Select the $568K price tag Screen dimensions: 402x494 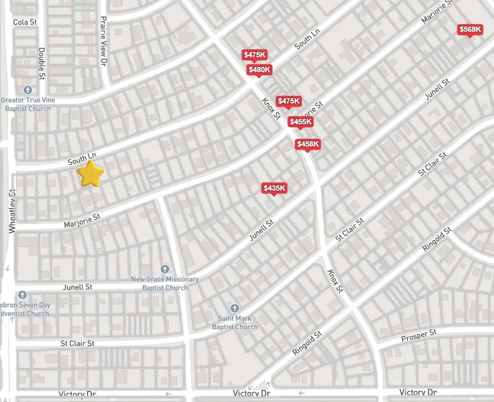click(470, 30)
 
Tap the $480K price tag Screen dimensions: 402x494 click(259, 70)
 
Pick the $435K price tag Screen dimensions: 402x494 click(274, 188)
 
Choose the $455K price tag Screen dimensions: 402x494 click(300, 122)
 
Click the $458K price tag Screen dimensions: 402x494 click(307, 144)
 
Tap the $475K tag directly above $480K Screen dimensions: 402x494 click(255, 55)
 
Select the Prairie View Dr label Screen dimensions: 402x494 click(103, 41)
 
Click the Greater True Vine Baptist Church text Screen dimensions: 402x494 click(26, 104)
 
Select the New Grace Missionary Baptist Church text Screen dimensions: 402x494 click(165, 283)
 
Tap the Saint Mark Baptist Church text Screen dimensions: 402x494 click(235, 323)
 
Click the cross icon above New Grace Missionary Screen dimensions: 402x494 click(165, 269)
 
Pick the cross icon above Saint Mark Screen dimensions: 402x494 click(235, 308)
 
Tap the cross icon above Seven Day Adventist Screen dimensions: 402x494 click(22, 295)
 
